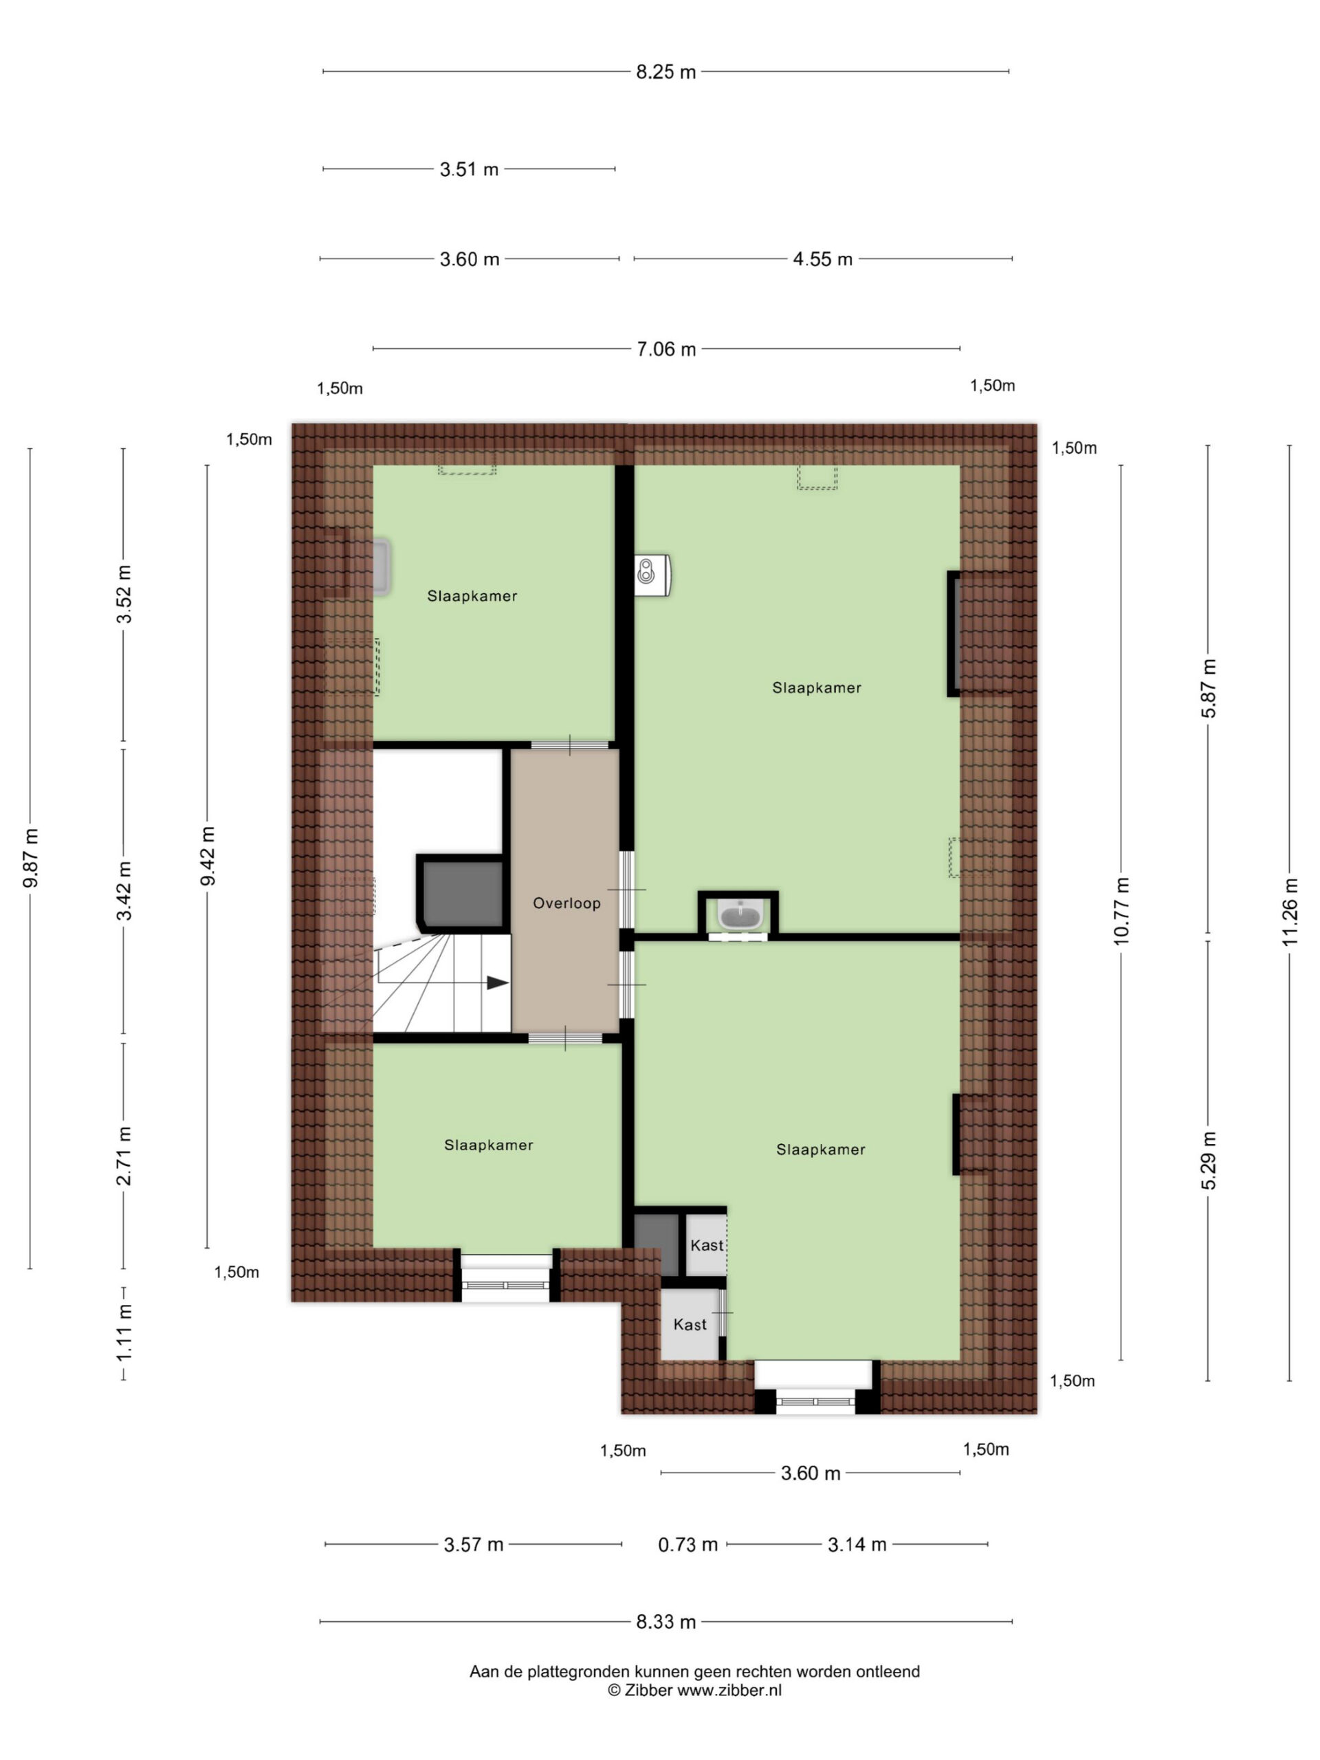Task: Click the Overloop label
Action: [x=566, y=903]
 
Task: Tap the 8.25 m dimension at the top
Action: [x=666, y=72]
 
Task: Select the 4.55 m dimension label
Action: [x=823, y=259]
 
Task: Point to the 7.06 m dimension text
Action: [x=666, y=349]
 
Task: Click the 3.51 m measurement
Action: [x=470, y=170]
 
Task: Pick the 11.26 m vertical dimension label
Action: [x=1290, y=912]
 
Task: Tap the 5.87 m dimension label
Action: [x=1209, y=689]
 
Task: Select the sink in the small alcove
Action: [x=740, y=915]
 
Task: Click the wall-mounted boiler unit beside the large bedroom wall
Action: [x=653, y=575]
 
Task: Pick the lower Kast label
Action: [x=690, y=1325]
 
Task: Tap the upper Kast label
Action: [x=707, y=1245]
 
